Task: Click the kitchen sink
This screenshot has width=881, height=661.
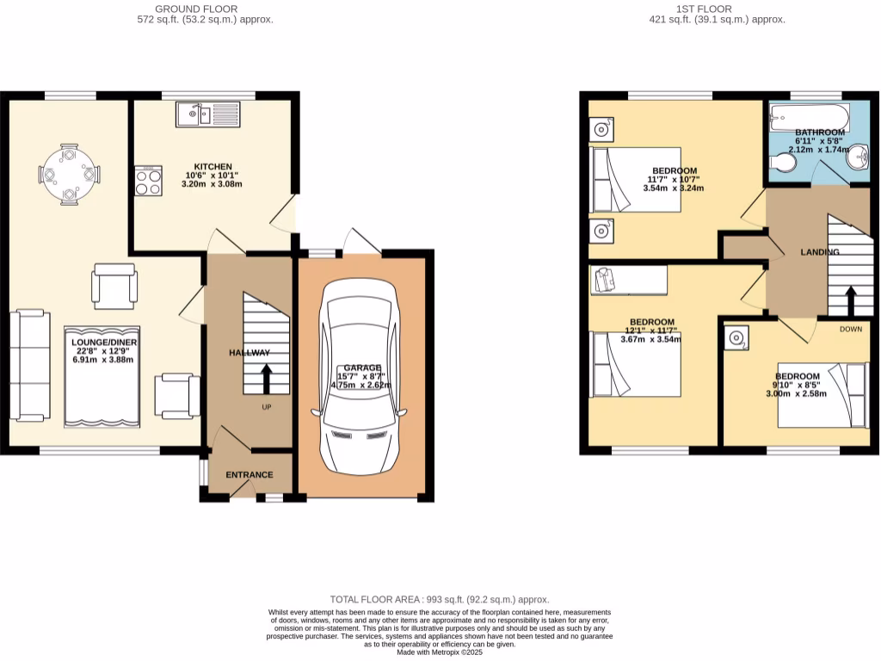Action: pyautogui.click(x=209, y=114)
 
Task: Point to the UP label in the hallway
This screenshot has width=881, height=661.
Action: pyautogui.click(x=266, y=407)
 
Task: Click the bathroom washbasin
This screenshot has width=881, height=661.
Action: pyautogui.click(x=858, y=158)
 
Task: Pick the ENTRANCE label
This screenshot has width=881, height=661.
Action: pyautogui.click(x=250, y=474)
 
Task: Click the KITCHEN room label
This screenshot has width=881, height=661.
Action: pyautogui.click(x=213, y=166)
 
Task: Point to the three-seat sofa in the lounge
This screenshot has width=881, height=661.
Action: pyautogui.click(x=29, y=366)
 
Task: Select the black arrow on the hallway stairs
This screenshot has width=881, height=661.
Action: pyautogui.click(x=266, y=377)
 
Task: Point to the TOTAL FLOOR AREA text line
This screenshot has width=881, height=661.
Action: pyautogui.click(x=440, y=599)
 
